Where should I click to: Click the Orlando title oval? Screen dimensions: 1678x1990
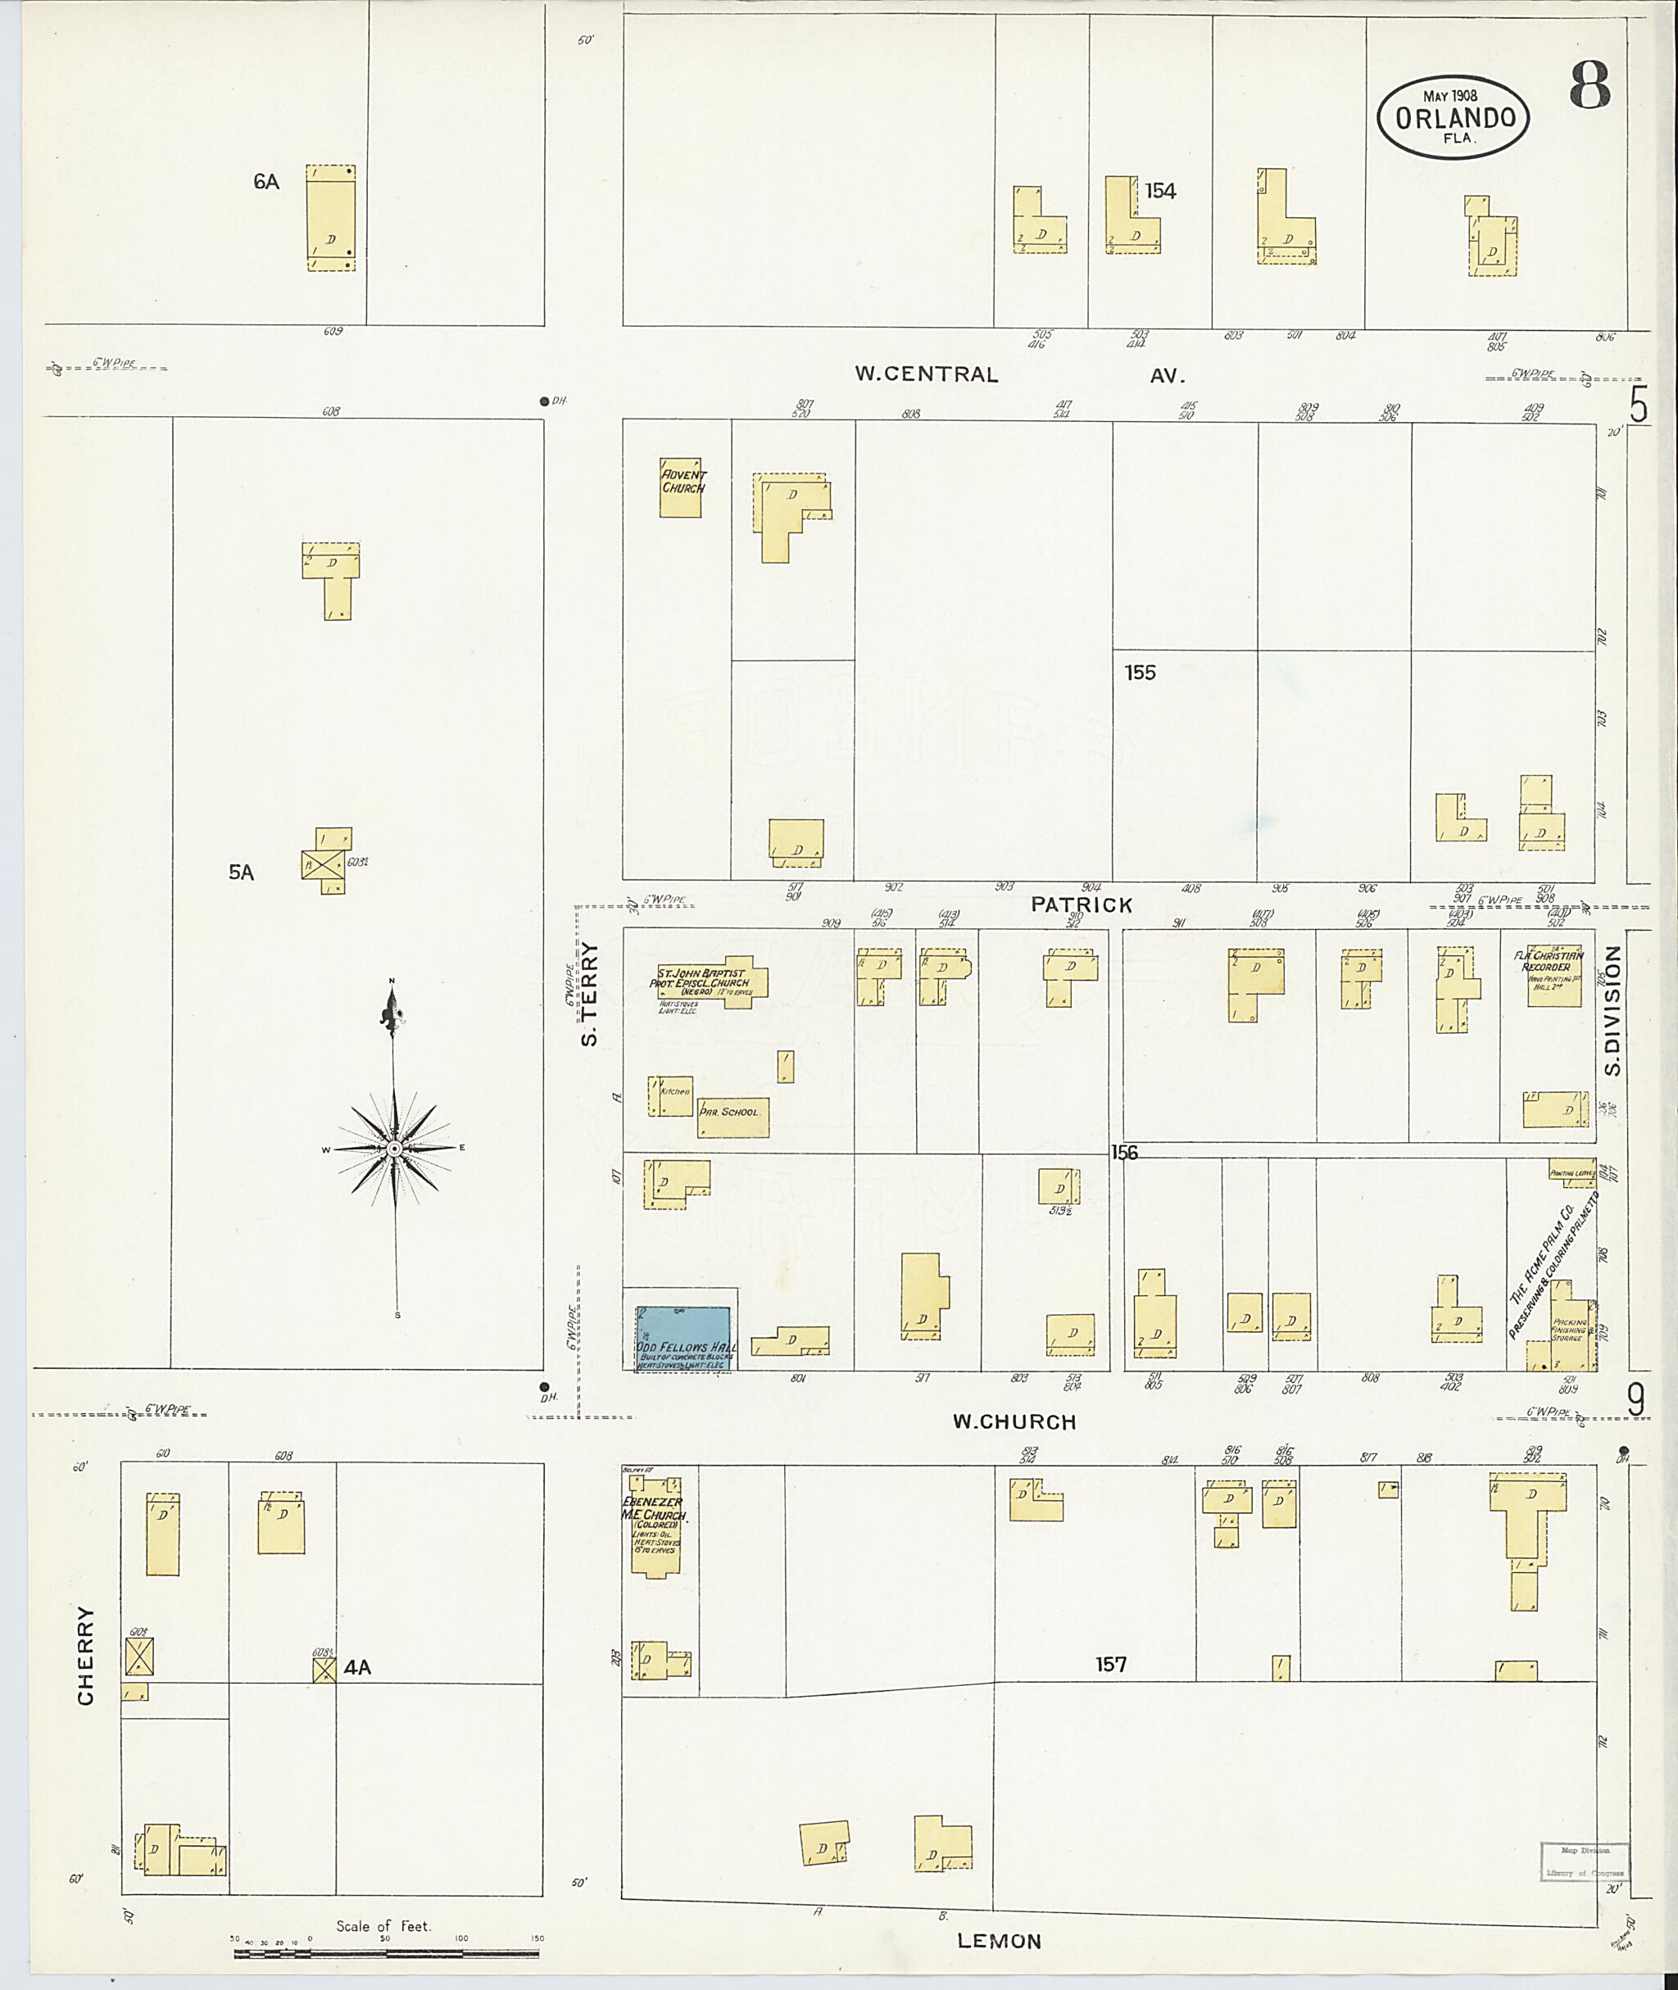click(1454, 116)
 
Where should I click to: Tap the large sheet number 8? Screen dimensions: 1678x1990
click(1590, 85)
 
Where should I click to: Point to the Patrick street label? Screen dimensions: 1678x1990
click(1082, 904)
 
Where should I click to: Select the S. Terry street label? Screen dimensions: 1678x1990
click(590, 994)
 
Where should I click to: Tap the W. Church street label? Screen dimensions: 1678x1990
click(1014, 1422)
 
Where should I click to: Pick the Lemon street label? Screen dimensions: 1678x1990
click(999, 1941)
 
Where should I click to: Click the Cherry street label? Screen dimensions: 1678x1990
click(85, 1655)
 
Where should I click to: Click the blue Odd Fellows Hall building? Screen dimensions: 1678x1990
click(683, 1337)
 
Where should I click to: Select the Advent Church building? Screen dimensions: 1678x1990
click(681, 487)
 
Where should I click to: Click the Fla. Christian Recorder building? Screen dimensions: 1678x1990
click(1553, 976)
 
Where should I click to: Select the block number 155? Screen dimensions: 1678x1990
click(1140, 673)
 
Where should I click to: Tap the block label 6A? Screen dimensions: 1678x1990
click(266, 182)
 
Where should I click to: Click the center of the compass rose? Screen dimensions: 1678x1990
click(395, 1149)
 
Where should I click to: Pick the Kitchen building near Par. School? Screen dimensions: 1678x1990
click(672, 1096)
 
